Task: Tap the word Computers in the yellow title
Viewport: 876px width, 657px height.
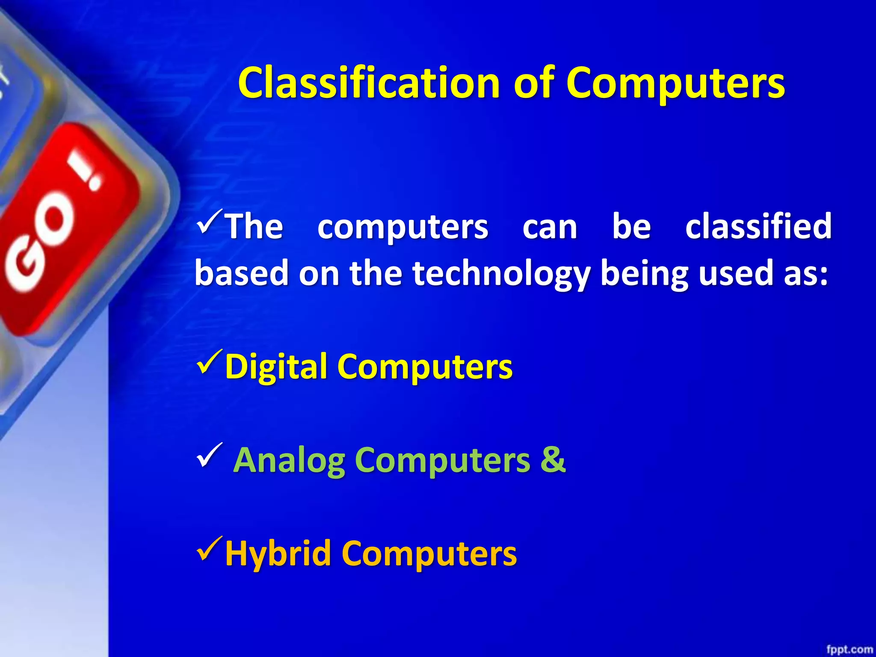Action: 675,83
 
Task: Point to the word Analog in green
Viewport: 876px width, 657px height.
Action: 290,460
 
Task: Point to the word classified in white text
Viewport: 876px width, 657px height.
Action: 758,226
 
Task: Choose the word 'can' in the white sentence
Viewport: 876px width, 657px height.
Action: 550,227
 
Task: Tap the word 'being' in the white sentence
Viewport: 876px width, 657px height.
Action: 644,274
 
